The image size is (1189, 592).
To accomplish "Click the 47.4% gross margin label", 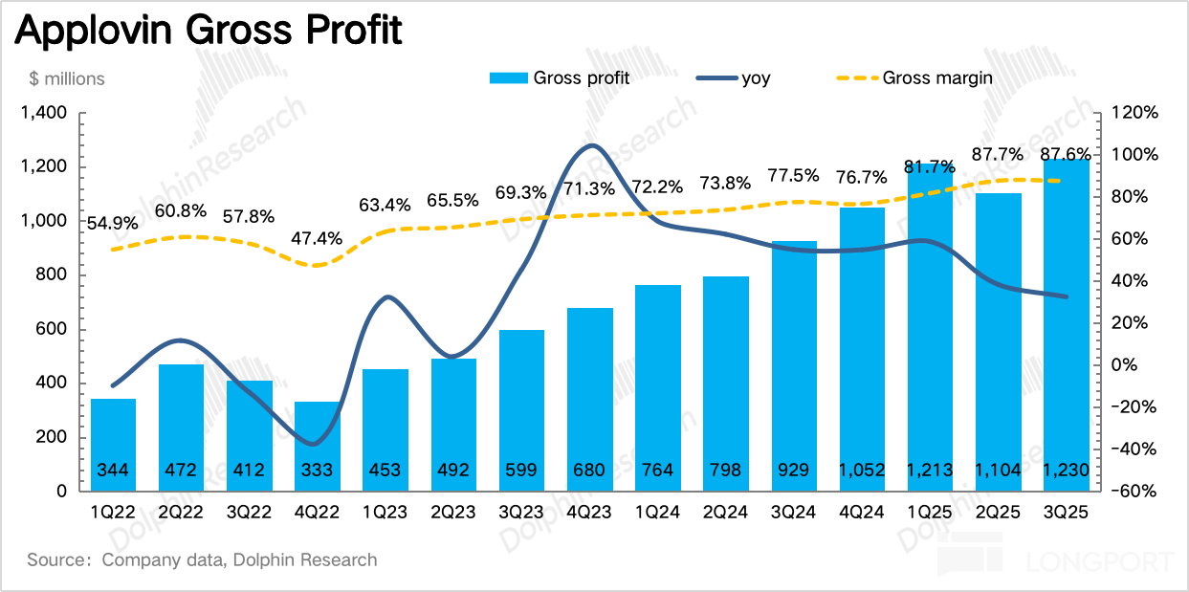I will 318,238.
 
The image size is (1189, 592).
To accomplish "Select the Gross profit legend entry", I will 560,77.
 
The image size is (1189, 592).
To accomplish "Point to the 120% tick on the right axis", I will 1135,114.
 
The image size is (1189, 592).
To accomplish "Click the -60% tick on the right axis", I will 1135,492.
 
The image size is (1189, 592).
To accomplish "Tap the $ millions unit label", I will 66,78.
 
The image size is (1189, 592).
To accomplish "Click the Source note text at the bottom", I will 203,559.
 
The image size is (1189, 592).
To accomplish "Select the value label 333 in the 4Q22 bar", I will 318,470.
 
